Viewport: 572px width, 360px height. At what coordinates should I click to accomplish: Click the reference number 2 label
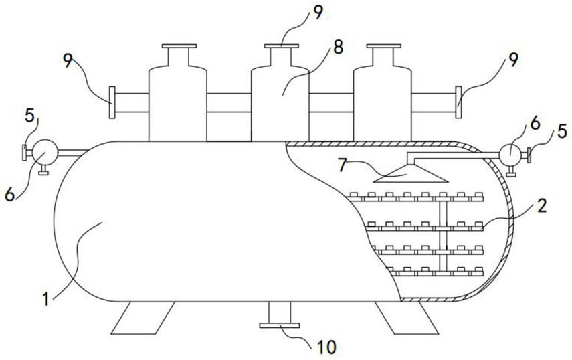[x=541, y=205]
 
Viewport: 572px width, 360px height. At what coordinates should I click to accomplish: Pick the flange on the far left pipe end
[x=112, y=102]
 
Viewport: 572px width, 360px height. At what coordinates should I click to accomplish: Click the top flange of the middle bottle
[x=280, y=46]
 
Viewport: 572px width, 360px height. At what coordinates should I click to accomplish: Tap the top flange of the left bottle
[x=179, y=46]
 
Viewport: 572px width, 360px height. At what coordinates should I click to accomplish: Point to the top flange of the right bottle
[x=383, y=46]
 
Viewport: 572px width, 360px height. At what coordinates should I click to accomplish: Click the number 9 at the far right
[x=513, y=60]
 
